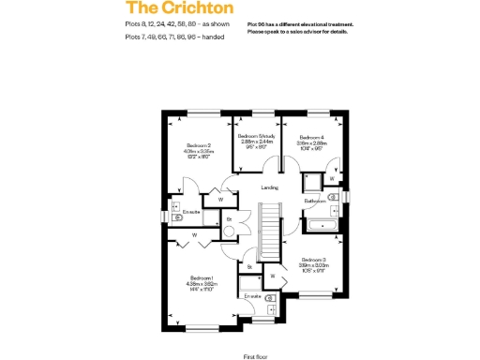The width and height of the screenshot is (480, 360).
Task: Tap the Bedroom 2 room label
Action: tap(198, 146)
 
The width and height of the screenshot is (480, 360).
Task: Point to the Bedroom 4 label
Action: tap(311, 138)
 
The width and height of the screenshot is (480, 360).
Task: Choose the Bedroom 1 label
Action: tap(202, 278)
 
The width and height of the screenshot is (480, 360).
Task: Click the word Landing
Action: tap(268, 187)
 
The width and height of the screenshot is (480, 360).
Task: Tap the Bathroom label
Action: tap(314, 201)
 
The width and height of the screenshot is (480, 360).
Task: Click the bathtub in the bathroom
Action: tap(323, 225)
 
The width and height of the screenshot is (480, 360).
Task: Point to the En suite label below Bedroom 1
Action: tap(251, 296)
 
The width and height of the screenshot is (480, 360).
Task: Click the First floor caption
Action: tap(256, 357)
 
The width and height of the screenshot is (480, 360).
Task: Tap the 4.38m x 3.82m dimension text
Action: tap(202, 284)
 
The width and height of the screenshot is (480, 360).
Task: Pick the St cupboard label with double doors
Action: tap(229, 219)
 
